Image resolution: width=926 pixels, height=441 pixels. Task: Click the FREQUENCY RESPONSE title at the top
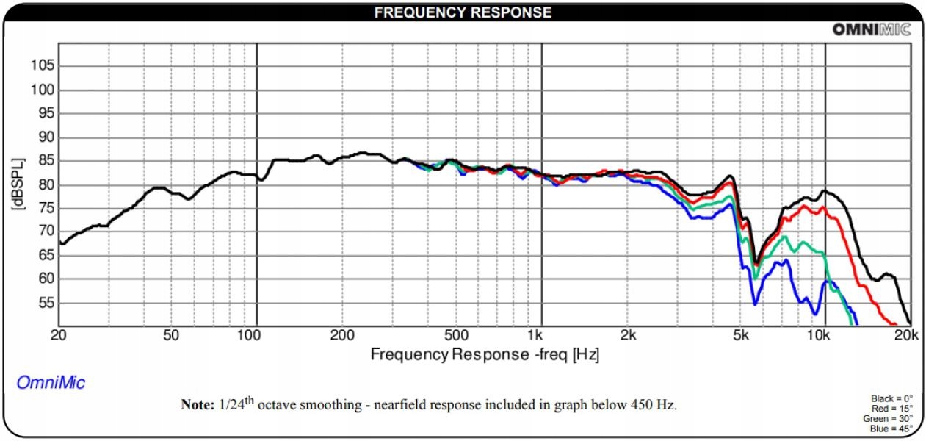point(463,12)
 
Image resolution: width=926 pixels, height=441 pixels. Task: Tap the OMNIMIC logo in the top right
point(871,29)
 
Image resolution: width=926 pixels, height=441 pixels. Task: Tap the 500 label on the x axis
point(456,335)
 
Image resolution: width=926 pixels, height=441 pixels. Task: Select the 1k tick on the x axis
point(541,335)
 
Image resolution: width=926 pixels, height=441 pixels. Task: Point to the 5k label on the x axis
point(739,335)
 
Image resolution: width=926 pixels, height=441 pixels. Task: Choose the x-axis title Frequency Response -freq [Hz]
point(485,354)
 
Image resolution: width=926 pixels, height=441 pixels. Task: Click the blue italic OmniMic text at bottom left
point(51,383)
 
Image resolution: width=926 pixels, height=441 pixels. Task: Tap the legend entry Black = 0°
point(892,399)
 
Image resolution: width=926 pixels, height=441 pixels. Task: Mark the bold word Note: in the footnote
point(197,405)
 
